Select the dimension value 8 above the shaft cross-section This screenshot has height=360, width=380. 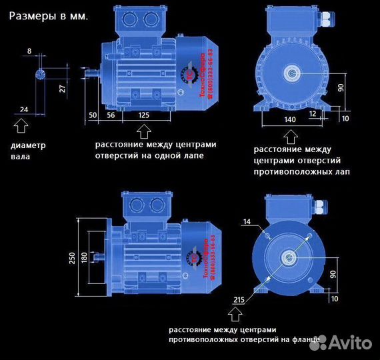(29, 51)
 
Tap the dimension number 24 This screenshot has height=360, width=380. (24, 108)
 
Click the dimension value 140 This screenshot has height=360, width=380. (289, 119)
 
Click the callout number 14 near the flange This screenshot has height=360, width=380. (246, 221)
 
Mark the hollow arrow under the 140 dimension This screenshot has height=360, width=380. (291, 137)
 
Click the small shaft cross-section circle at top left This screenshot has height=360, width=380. (41, 75)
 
